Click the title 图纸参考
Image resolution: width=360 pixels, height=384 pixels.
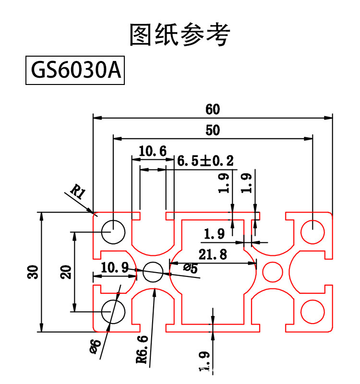[180, 35]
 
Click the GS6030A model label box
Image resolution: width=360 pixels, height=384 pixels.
[75, 71]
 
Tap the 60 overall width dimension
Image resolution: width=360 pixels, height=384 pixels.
[213, 109]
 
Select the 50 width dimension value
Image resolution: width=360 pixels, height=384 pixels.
[213, 130]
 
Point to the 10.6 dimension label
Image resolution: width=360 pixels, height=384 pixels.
[153, 152]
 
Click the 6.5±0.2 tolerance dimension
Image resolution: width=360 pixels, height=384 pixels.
[205, 161]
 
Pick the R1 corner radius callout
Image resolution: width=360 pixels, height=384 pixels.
[78, 193]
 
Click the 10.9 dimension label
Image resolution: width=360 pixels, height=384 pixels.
[114, 268]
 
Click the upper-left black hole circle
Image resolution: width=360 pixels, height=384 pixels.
[113, 232]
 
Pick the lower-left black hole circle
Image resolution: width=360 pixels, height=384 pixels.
[113, 311]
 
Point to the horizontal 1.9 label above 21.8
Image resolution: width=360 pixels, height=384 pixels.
[214, 234]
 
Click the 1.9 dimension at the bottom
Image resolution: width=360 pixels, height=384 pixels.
[205, 362]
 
